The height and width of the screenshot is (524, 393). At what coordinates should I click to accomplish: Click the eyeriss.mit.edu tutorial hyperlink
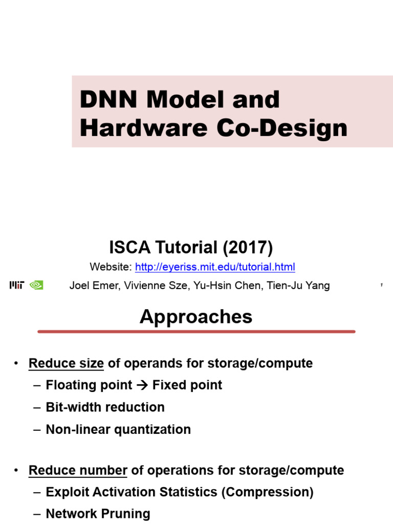215,267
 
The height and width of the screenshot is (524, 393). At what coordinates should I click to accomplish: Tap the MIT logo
17,286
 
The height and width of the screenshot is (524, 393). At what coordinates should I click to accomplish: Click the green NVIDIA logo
36,286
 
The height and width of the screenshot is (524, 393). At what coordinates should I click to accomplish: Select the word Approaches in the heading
196,317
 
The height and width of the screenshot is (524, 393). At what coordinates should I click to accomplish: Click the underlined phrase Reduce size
66,363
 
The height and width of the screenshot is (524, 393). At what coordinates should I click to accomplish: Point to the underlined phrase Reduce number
78,470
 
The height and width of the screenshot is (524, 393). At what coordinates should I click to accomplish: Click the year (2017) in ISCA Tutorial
248,248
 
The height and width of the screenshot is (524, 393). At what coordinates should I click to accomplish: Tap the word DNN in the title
109,99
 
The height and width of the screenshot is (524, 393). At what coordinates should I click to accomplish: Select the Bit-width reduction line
105,407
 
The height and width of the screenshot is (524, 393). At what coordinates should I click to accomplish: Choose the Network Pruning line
98,514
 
